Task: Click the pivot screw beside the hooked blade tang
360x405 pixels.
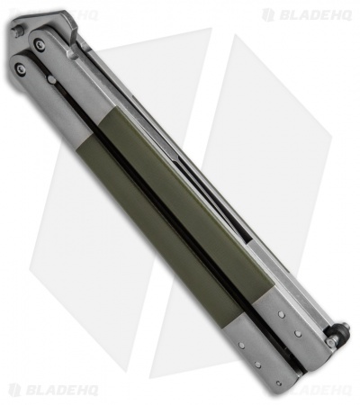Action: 40,44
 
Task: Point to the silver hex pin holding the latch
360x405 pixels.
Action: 330,340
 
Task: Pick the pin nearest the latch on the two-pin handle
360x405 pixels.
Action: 298,334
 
